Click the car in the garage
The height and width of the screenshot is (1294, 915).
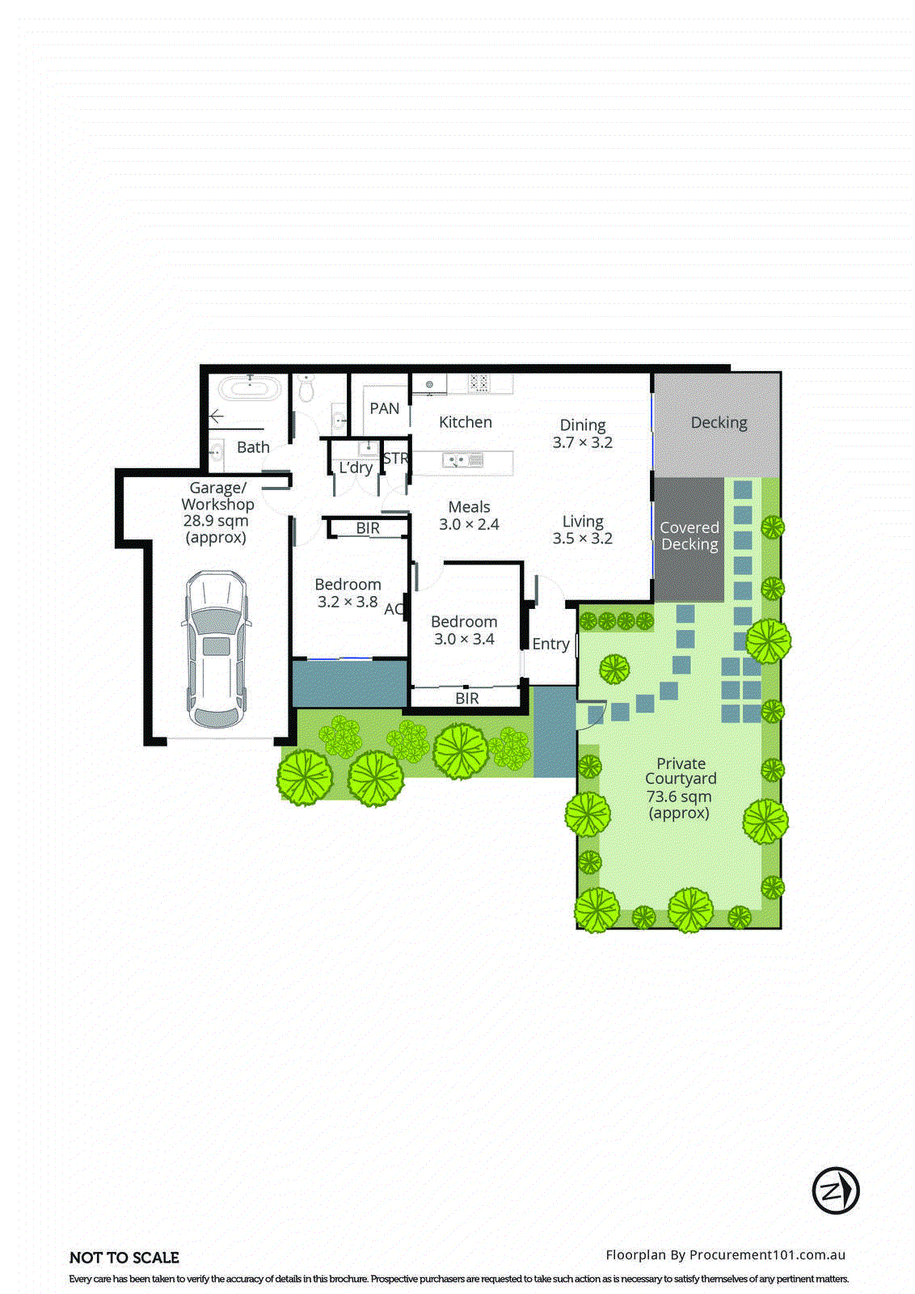pos(217,649)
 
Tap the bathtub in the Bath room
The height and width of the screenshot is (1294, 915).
pos(250,388)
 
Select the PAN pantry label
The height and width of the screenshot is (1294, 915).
pos(385,408)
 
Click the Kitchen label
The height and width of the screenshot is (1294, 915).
pos(465,422)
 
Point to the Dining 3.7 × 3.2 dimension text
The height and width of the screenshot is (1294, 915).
pos(583,442)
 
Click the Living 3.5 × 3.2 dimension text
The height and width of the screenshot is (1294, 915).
pos(583,539)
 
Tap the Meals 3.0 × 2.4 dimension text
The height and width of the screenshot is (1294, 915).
pos(469,524)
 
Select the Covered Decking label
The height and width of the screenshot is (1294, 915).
pos(689,535)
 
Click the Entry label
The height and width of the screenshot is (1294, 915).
pos(550,644)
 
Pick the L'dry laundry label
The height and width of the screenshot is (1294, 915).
pos(356,467)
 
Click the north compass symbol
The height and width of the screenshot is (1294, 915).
pos(835,1190)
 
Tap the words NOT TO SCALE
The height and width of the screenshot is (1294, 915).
pos(124,1258)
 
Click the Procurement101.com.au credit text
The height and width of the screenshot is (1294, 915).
pos(767,1255)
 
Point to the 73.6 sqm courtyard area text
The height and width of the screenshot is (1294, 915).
pos(679,797)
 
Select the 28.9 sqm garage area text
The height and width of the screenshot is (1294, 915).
pos(216,521)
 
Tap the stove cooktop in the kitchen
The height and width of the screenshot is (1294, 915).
pos(479,383)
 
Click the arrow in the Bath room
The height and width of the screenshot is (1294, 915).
pos(215,417)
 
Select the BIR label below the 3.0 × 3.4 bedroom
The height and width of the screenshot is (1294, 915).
pos(467,698)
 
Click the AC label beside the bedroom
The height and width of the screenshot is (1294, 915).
pos(394,609)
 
